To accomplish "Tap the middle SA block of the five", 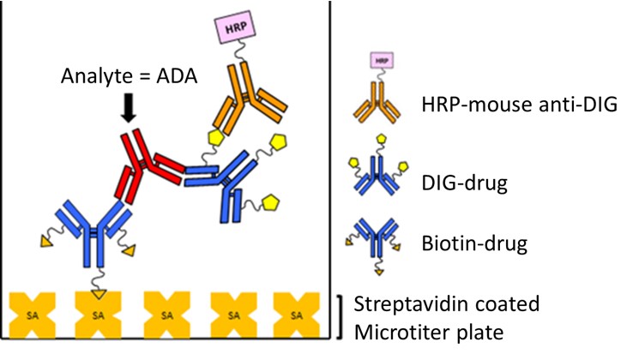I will pos(163,315).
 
